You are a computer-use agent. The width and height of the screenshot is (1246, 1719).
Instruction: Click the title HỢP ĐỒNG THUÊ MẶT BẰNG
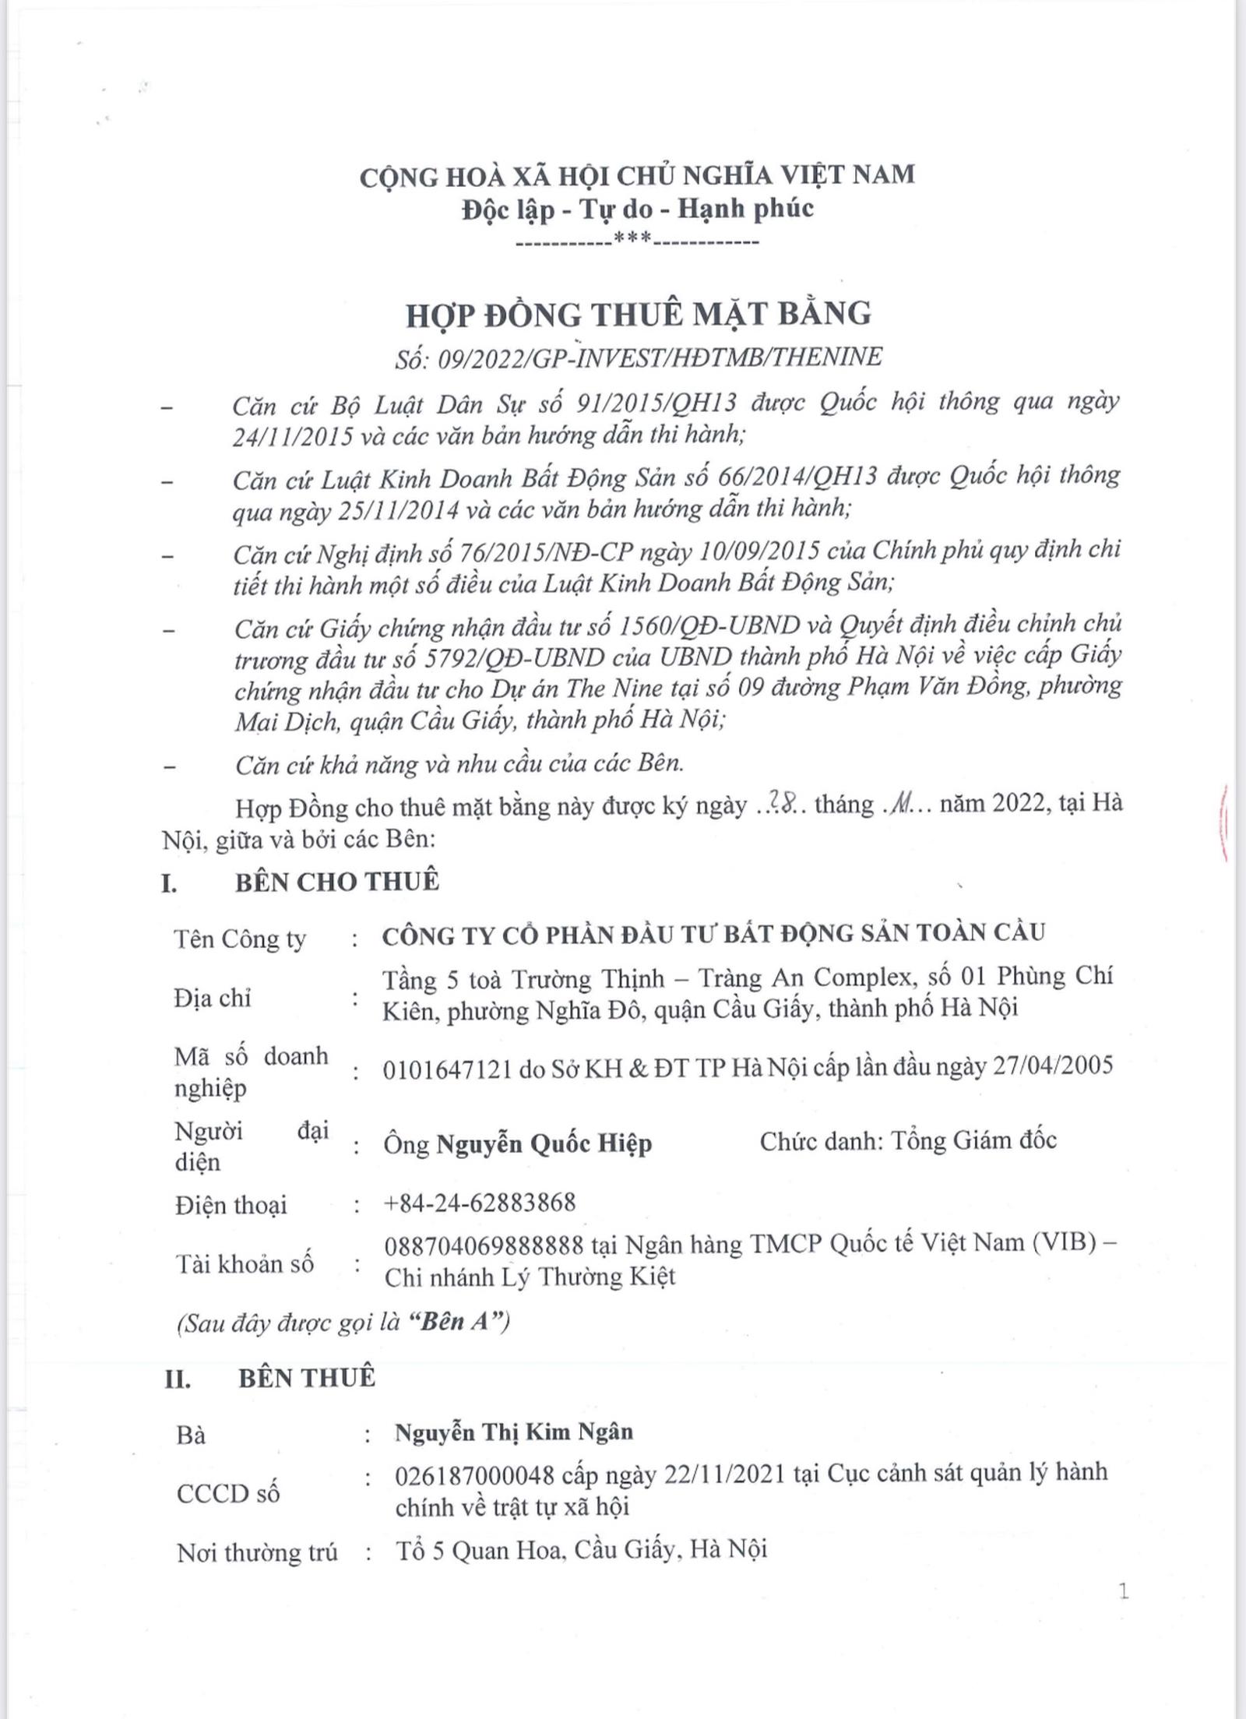pyautogui.click(x=639, y=315)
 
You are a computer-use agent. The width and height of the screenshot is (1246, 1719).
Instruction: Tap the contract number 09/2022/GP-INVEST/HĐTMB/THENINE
pyautogui.click(x=660, y=358)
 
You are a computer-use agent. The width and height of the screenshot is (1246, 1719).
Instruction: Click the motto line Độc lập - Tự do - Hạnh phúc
pyautogui.click(x=637, y=210)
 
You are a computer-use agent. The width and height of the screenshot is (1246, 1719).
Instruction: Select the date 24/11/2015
pyautogui.click(x=292, y=436)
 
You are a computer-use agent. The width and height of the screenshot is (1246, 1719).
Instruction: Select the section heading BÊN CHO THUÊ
pyautogui.click(x=337, y=882)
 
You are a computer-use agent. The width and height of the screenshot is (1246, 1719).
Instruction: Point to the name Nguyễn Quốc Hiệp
pyautogui.click(x=544, y=1144)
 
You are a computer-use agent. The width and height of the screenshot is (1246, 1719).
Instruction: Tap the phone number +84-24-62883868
pyautogui.click(x=480, y=1203)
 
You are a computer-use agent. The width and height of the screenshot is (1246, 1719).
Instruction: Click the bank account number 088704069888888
pyautogui.click(x=484, y=1245)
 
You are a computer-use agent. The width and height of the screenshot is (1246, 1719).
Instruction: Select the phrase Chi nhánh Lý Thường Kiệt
pyautogui.click(x=530, y=1277)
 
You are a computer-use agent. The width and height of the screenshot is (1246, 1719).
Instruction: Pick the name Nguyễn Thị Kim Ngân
pyautogui.click(x=514, y=1432)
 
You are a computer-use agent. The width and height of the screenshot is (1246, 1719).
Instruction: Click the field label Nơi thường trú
pyautogui.click(x=257, y=1552)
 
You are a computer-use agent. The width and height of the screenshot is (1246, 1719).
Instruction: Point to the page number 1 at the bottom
pyautogui.click(x=1123, y=1591)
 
